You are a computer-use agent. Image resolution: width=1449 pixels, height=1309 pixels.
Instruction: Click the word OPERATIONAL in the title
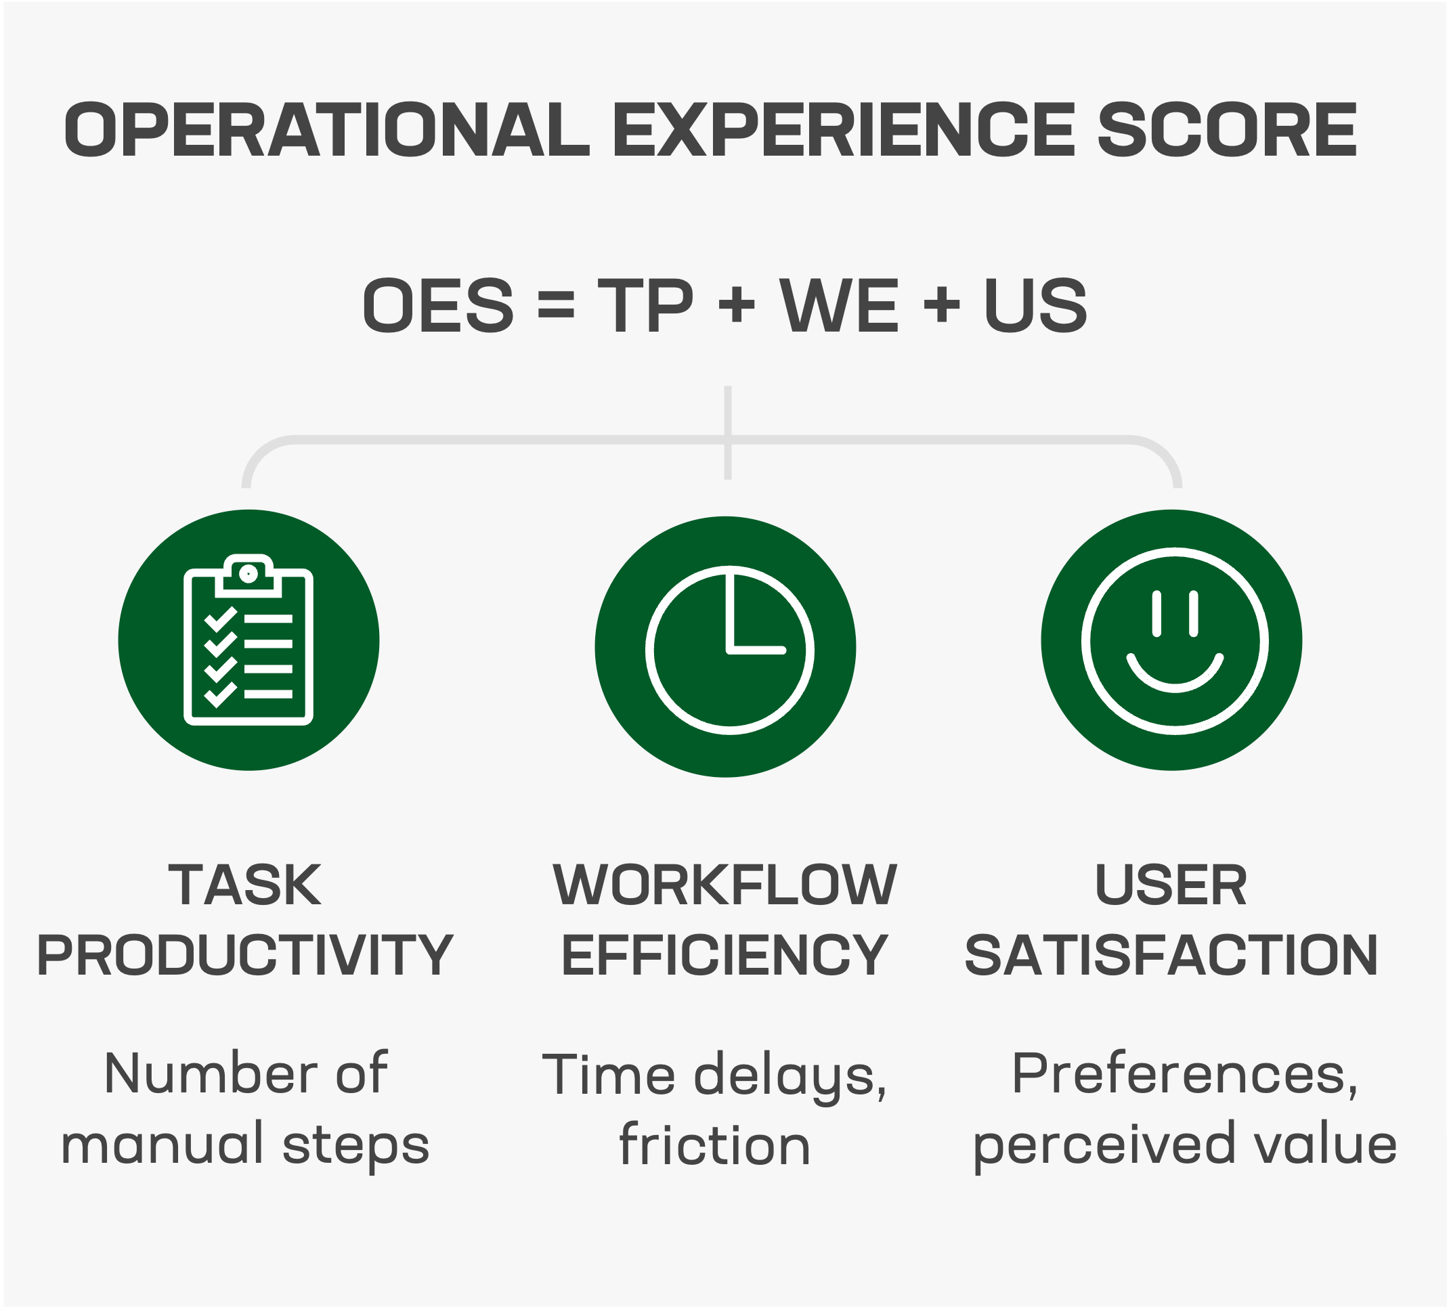pos(327,129)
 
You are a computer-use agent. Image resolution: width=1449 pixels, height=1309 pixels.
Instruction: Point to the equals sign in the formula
pos(556,307)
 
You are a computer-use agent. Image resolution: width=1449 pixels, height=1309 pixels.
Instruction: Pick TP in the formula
pos(645,306)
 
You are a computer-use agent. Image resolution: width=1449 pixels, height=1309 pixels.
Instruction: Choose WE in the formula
pos(840,306)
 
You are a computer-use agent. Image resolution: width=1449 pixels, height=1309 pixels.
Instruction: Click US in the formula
pos(1035,306)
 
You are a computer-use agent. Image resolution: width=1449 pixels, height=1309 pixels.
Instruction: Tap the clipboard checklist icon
pos(248,640)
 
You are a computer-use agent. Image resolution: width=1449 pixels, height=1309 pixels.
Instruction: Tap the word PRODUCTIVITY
pos(245,955)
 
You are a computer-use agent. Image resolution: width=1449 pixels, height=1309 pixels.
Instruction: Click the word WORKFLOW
pos(724,885)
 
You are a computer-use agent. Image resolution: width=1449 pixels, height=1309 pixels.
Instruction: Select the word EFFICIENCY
pos(724,955)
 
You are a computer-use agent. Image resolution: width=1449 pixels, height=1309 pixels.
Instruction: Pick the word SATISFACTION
pos(1171,955)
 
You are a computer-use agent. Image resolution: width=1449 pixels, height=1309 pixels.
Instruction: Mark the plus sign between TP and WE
pos(737,307)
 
